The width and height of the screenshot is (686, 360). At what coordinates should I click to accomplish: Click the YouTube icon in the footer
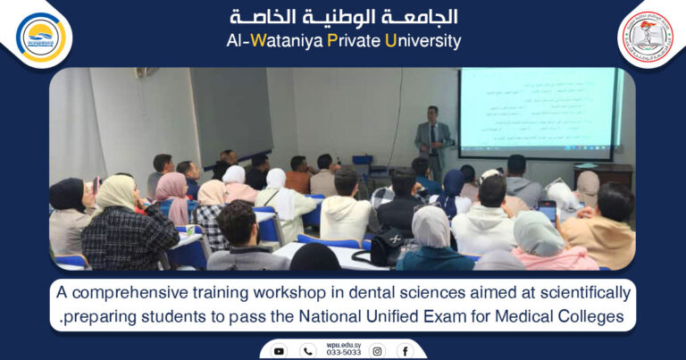[x=279, y=351]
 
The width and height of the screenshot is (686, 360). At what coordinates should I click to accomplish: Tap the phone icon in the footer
[x=307, y=351]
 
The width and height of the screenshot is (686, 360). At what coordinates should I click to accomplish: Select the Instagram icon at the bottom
[x=378, y=351]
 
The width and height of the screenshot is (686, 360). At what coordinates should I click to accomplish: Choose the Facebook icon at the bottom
[x=406, y=351]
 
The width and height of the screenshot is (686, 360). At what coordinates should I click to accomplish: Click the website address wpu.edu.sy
[x=342, y=346]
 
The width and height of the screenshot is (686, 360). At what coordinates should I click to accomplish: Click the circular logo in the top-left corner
[x=41, y=37]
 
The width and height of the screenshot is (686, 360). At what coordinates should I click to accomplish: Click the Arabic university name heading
[x=344, y=17]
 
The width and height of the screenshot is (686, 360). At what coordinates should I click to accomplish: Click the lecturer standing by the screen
[x=433, y=139]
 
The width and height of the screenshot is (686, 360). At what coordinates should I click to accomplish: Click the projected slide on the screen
[x=536, y=107]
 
